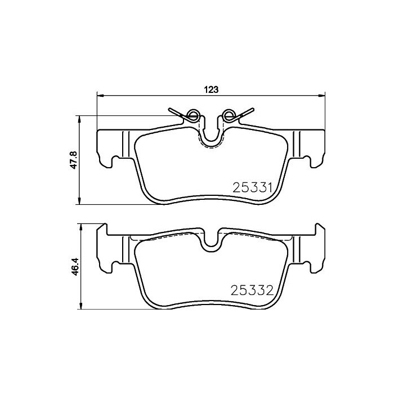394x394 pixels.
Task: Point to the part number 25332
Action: coord(253,291)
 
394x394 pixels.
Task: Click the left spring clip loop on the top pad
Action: coord(192,116)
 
